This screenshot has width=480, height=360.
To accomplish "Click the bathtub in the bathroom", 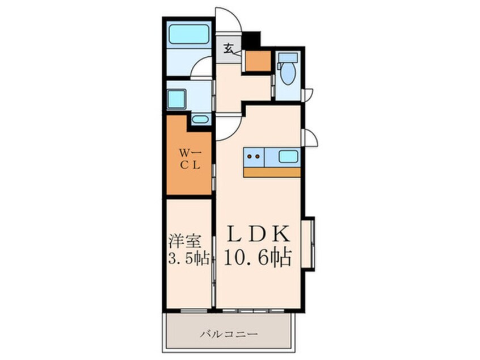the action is pos(188,34).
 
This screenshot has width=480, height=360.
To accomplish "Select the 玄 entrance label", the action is pos(229,48).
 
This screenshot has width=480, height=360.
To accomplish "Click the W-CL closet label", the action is pos(190,158).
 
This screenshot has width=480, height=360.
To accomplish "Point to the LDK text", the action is pos(258,234).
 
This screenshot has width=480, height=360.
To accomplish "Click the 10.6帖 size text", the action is pos(258,257).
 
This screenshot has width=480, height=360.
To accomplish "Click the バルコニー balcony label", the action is pos(229,334).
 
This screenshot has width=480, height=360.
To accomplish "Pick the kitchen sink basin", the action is pos(289,157).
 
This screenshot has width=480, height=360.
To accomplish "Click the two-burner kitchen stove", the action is pos(254,157).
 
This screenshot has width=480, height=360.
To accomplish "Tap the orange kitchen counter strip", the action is pos(272,172).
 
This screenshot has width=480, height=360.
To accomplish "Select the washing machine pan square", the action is pos(176,99).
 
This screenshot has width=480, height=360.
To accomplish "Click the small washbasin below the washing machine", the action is pos(200,119).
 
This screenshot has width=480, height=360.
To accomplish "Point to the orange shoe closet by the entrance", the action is pos(258,61).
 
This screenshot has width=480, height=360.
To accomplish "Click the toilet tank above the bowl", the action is pos(288,57).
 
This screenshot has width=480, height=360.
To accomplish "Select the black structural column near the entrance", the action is pos(251,40).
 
